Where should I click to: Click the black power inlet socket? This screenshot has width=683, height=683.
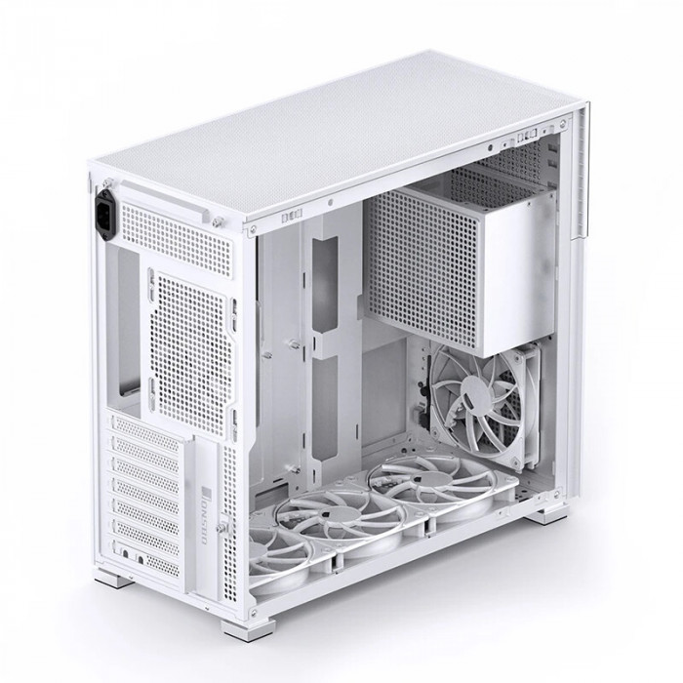click(106, 215)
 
